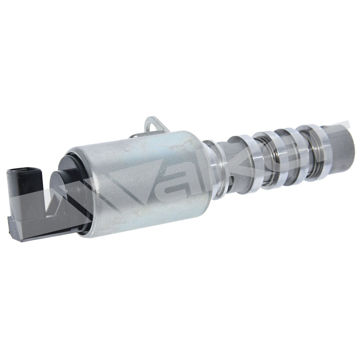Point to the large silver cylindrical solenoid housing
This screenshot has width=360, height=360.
click(x=138, y=181)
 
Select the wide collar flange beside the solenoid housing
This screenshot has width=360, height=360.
click(x=217, y=170)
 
